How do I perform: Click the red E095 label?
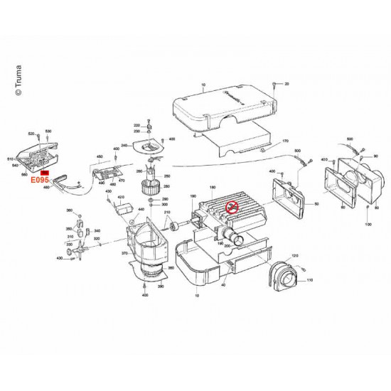coord(39,181)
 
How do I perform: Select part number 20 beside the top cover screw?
coord(287,85)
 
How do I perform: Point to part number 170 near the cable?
coord(286,141)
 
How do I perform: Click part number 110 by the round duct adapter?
coord(309,281)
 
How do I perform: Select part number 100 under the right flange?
coord(368,224)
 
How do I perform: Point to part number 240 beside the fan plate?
coord(124,145)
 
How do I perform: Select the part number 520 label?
coord(31,134)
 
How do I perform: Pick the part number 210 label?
coord(168,213)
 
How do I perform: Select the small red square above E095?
coord(44,173)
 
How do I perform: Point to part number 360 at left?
coord(68,211)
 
